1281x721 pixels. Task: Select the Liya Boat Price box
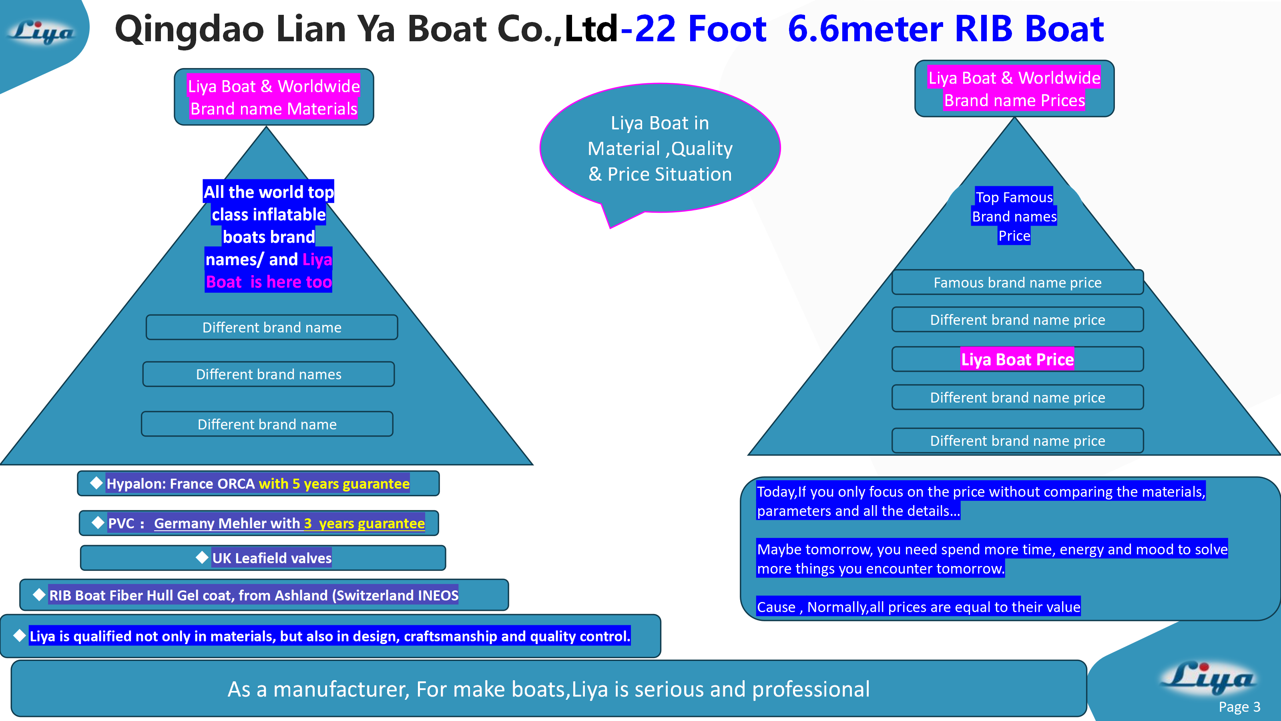click(x=1017, y=359)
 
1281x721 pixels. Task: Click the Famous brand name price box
click(x=1017, y=283)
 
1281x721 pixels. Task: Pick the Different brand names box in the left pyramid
click(x=269, y=374)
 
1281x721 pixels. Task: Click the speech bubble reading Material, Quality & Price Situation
click(x=660, y=149)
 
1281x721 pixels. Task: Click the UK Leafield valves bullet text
click(x=271, y=558)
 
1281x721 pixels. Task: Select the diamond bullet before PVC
click(x=98, y=522)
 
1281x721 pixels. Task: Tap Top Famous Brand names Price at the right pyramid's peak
click(x=1014, y=216)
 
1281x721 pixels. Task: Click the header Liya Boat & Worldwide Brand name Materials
click(x=273, y=97)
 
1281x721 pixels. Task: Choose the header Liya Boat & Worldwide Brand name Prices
click(x=1014, y=89)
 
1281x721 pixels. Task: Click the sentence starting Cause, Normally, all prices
click(x=918, y=607)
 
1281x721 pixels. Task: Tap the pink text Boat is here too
click(x=269, y=282)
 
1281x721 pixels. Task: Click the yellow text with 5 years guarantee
click(x=334, y=483)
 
